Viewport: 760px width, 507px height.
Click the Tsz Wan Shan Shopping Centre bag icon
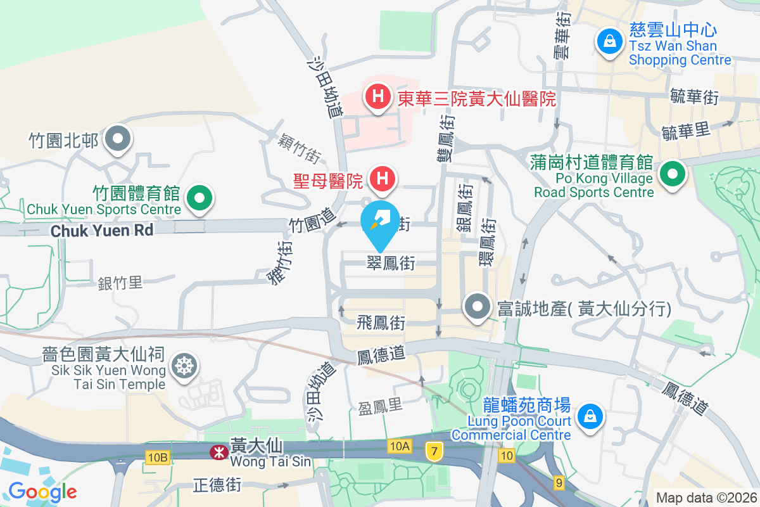pos(609,42)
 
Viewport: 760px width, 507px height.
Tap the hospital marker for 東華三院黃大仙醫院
pos(377,98)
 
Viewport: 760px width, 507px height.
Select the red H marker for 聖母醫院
pos(382,179)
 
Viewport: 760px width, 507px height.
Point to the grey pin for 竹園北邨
pos(118,139)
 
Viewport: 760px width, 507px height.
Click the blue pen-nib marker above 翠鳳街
pos(380,221)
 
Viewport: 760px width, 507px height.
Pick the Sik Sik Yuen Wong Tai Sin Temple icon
pos(185,366)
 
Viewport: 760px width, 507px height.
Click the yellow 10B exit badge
pos(158,457)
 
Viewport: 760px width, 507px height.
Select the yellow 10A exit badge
pos(399,447)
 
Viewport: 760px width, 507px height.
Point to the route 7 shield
pos(434,451)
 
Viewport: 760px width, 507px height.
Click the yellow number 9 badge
pos(558,483)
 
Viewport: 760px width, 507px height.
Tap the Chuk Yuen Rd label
pos(102,231)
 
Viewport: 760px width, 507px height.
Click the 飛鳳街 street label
pos(381,323)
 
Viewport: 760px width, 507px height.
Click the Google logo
pos(42,492)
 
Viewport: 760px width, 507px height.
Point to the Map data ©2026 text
pos(705,498)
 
